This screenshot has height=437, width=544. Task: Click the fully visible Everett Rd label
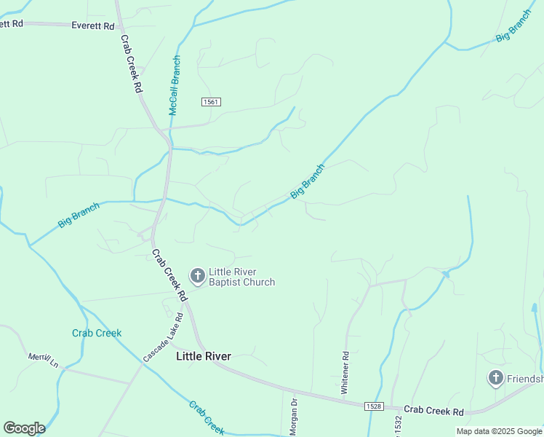click(x=93, y=25)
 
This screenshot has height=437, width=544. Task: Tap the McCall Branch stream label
click(x=175, y=85)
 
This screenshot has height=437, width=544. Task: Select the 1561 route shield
click(x=211, y=103)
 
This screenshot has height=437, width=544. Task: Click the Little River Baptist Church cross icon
click(x=197, y=275)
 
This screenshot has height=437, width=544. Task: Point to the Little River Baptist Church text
click(x=241, y=277)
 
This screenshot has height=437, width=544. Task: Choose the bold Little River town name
click(x=204, y=356)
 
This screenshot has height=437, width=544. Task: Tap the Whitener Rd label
click(x=345, y=373)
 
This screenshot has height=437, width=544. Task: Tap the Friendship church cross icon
click(x=495, y=377)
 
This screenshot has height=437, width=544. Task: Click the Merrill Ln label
click(x=43, y=358)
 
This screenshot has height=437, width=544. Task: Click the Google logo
click(x=24, y=428)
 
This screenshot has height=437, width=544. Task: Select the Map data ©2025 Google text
click(x=499, y=431)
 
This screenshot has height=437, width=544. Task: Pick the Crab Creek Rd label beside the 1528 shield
click(x=433, y=412)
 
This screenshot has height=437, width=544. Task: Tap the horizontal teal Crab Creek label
click(x=97, y=333)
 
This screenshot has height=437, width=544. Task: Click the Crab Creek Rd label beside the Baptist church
click(x=169, y=276)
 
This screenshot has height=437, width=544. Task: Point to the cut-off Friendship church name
click(x=525, y=379)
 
